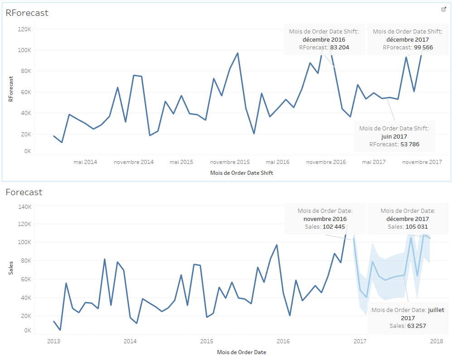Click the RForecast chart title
27,13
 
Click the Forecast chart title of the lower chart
24,192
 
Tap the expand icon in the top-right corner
444,9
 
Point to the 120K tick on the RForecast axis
24,29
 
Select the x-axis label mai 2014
85,162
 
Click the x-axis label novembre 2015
230,162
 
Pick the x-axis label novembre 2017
422,162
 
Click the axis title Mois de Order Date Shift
242,173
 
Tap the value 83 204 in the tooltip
340,48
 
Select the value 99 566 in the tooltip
423,48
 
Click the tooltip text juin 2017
394,136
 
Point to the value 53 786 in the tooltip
410,144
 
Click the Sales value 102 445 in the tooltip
334,227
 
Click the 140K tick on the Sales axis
24,206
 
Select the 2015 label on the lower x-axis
207,341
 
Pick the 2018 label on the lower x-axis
436,341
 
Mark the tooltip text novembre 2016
325,219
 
